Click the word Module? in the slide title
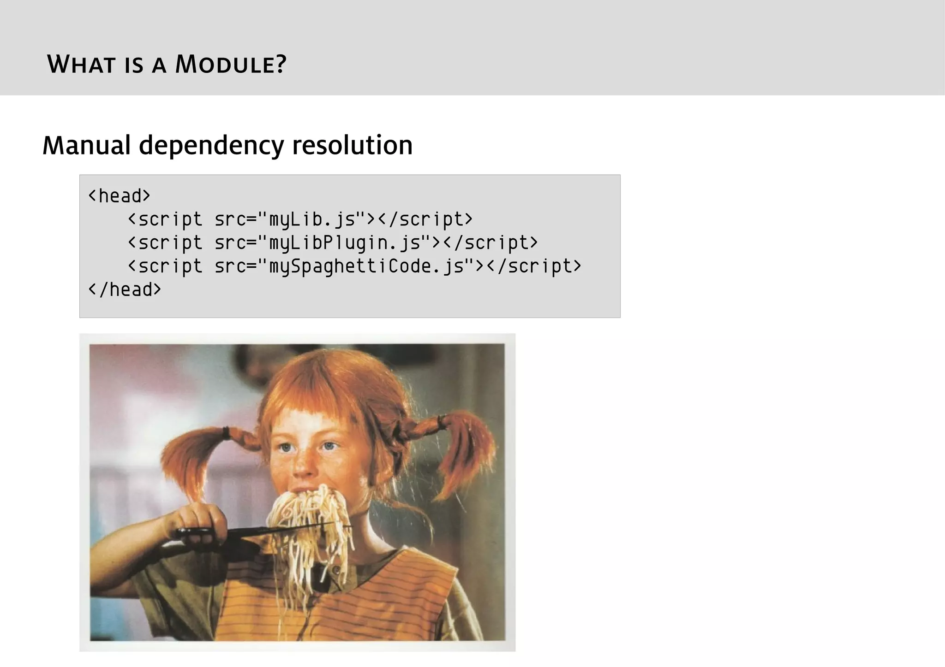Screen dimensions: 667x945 coord(231,64)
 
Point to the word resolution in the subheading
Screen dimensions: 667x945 coord(352,145)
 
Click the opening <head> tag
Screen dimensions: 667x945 coord(119,196)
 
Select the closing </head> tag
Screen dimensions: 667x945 coord(125,289)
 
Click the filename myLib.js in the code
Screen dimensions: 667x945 coord(312,219)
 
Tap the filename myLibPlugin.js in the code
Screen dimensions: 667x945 coord(345,243)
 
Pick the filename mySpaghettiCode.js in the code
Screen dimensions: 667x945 coord(366,266)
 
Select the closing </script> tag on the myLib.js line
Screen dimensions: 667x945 coord(425,219)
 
